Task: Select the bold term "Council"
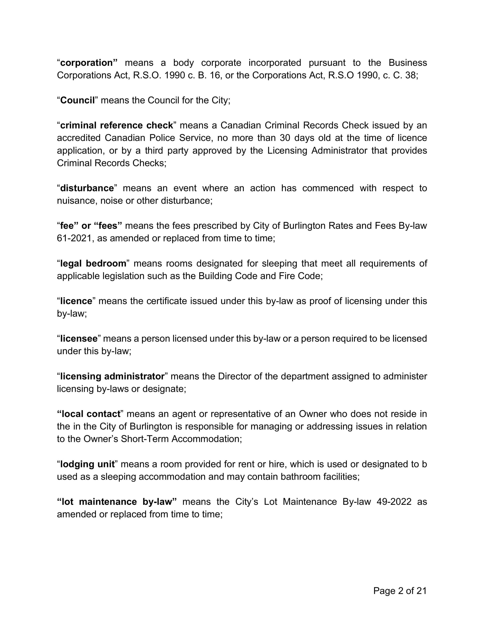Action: [77, 100]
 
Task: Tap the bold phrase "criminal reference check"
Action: [116, 126]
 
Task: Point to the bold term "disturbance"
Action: [87, 188]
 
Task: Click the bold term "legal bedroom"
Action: [93, 263]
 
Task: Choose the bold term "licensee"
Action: [79, 339]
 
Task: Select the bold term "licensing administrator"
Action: [112, 376]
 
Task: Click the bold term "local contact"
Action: [89, 414]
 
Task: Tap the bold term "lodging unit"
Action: [87, 464]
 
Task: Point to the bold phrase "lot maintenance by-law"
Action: [117, 502]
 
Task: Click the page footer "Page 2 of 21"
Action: [400, 591]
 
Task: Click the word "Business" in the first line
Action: [408, 63]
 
